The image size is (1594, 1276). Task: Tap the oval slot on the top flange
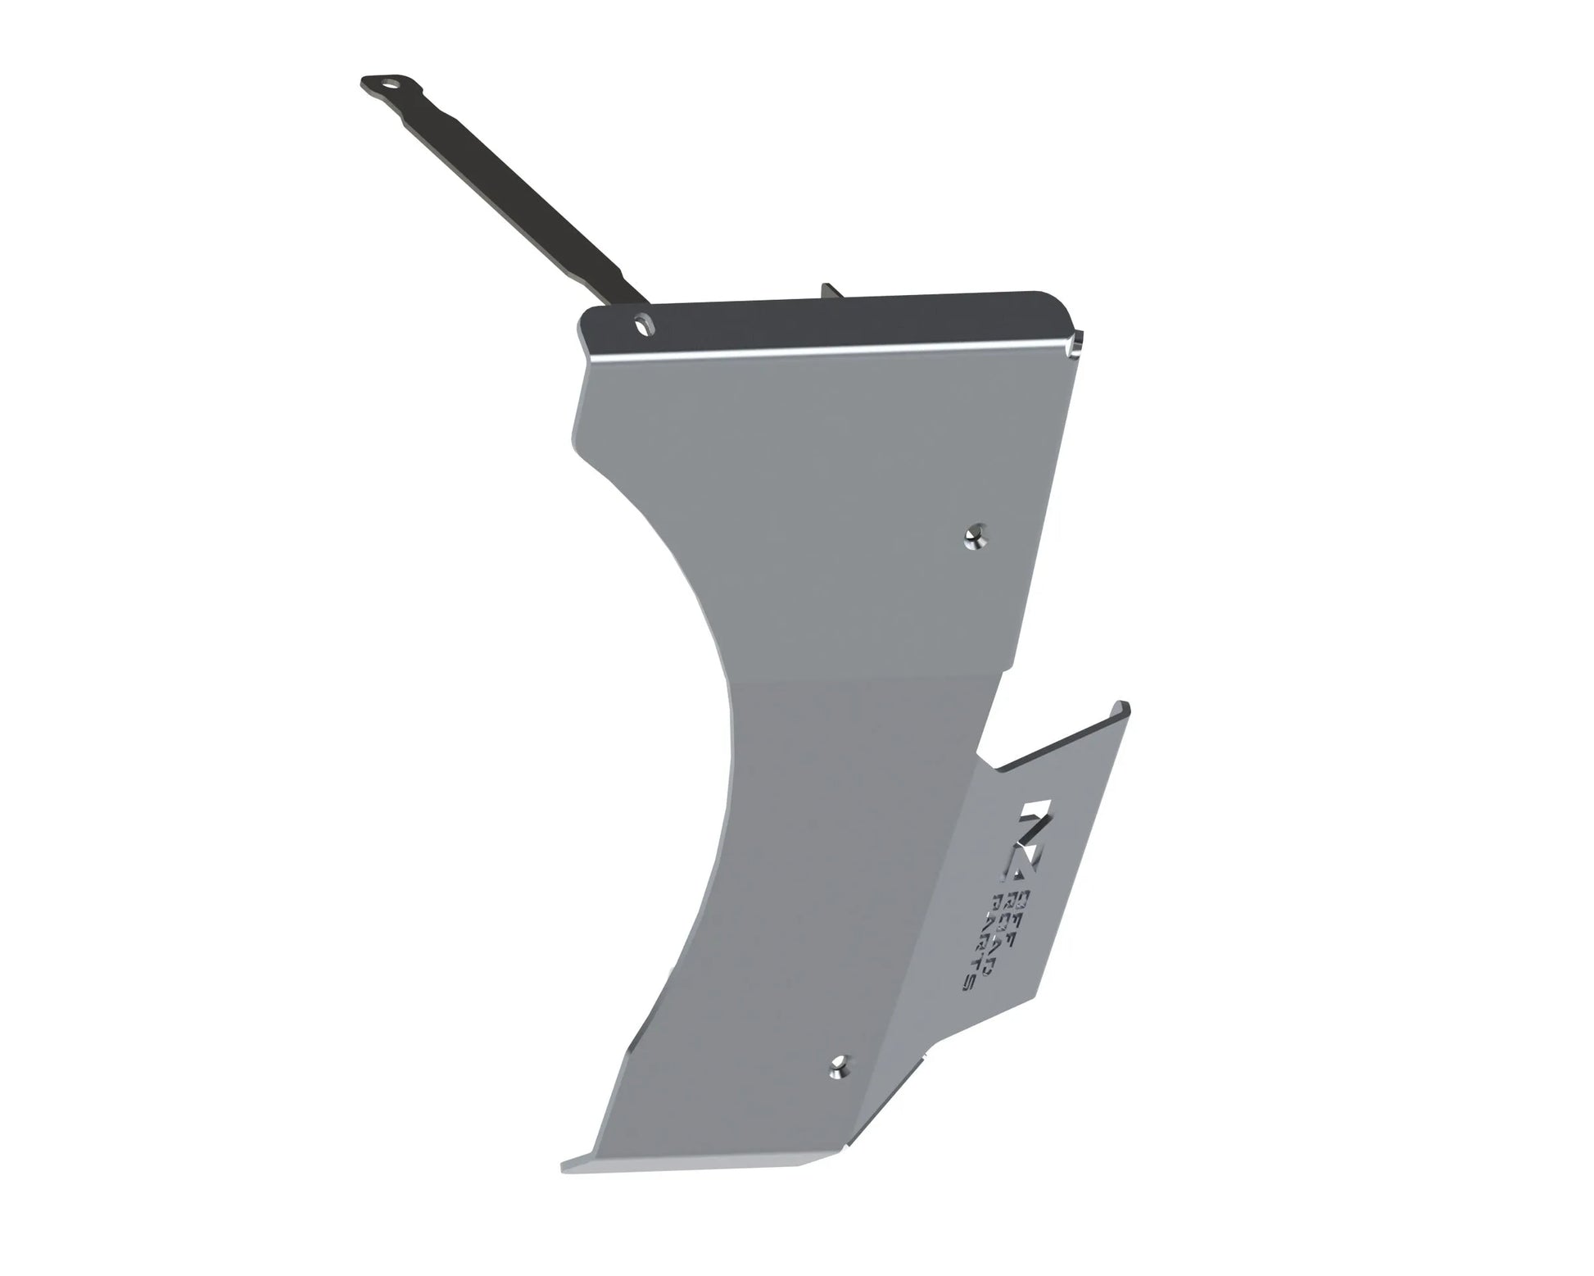coord(641,325)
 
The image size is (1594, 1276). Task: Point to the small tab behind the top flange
coord(829,293)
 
